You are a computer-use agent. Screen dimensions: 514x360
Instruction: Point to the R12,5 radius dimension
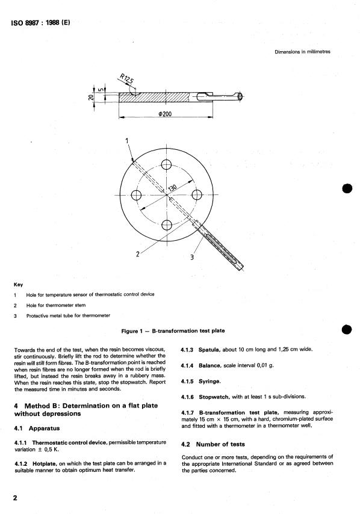[125, 81]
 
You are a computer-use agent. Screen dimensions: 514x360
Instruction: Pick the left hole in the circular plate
[137, 195]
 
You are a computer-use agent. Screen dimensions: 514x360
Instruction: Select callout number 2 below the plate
[138, 253]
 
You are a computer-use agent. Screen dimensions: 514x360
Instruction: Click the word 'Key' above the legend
[19, 283]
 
